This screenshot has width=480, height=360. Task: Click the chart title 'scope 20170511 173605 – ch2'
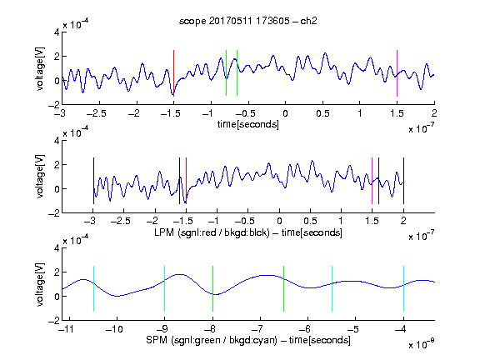[x=248, y=21]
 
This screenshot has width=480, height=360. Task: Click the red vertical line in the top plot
[x=173, y=73]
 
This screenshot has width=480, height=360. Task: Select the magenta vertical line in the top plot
[x=397, y=73]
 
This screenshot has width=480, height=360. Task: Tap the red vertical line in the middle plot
[x=186, y=181]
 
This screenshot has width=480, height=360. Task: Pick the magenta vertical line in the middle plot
[x=372, y=181]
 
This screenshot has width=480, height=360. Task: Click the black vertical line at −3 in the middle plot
[x=93, y=181]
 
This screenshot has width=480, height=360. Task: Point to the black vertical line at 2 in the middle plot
[x=403, y=181]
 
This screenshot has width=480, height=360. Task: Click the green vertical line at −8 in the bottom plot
[x=212, y=288]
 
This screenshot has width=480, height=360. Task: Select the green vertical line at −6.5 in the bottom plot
[x=284, y=288]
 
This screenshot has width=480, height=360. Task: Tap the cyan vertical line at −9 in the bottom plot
[x=165, y=288]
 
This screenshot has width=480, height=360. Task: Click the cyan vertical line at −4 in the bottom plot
[x=403, y=288]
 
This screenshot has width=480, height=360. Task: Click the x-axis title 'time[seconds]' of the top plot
[x=248, y=124]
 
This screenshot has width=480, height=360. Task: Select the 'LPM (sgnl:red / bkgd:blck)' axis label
[x=212, y=232]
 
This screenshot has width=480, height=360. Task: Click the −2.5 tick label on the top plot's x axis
[x=97, y=113]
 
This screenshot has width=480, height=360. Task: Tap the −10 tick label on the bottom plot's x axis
[x=114, y=329]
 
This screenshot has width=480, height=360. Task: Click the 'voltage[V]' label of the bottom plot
[x=40, y=284]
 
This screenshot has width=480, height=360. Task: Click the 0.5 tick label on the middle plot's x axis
[x=310, y=221]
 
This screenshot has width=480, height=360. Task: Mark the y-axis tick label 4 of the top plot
[x=57, y=32]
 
